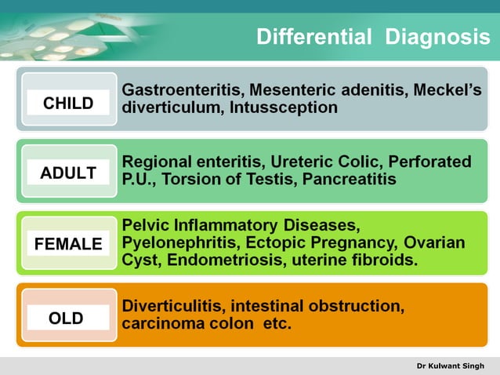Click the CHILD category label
point(68,103)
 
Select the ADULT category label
point(68,173)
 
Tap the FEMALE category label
point(68,244)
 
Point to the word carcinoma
point(158,323)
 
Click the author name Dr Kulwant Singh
point(451,366)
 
